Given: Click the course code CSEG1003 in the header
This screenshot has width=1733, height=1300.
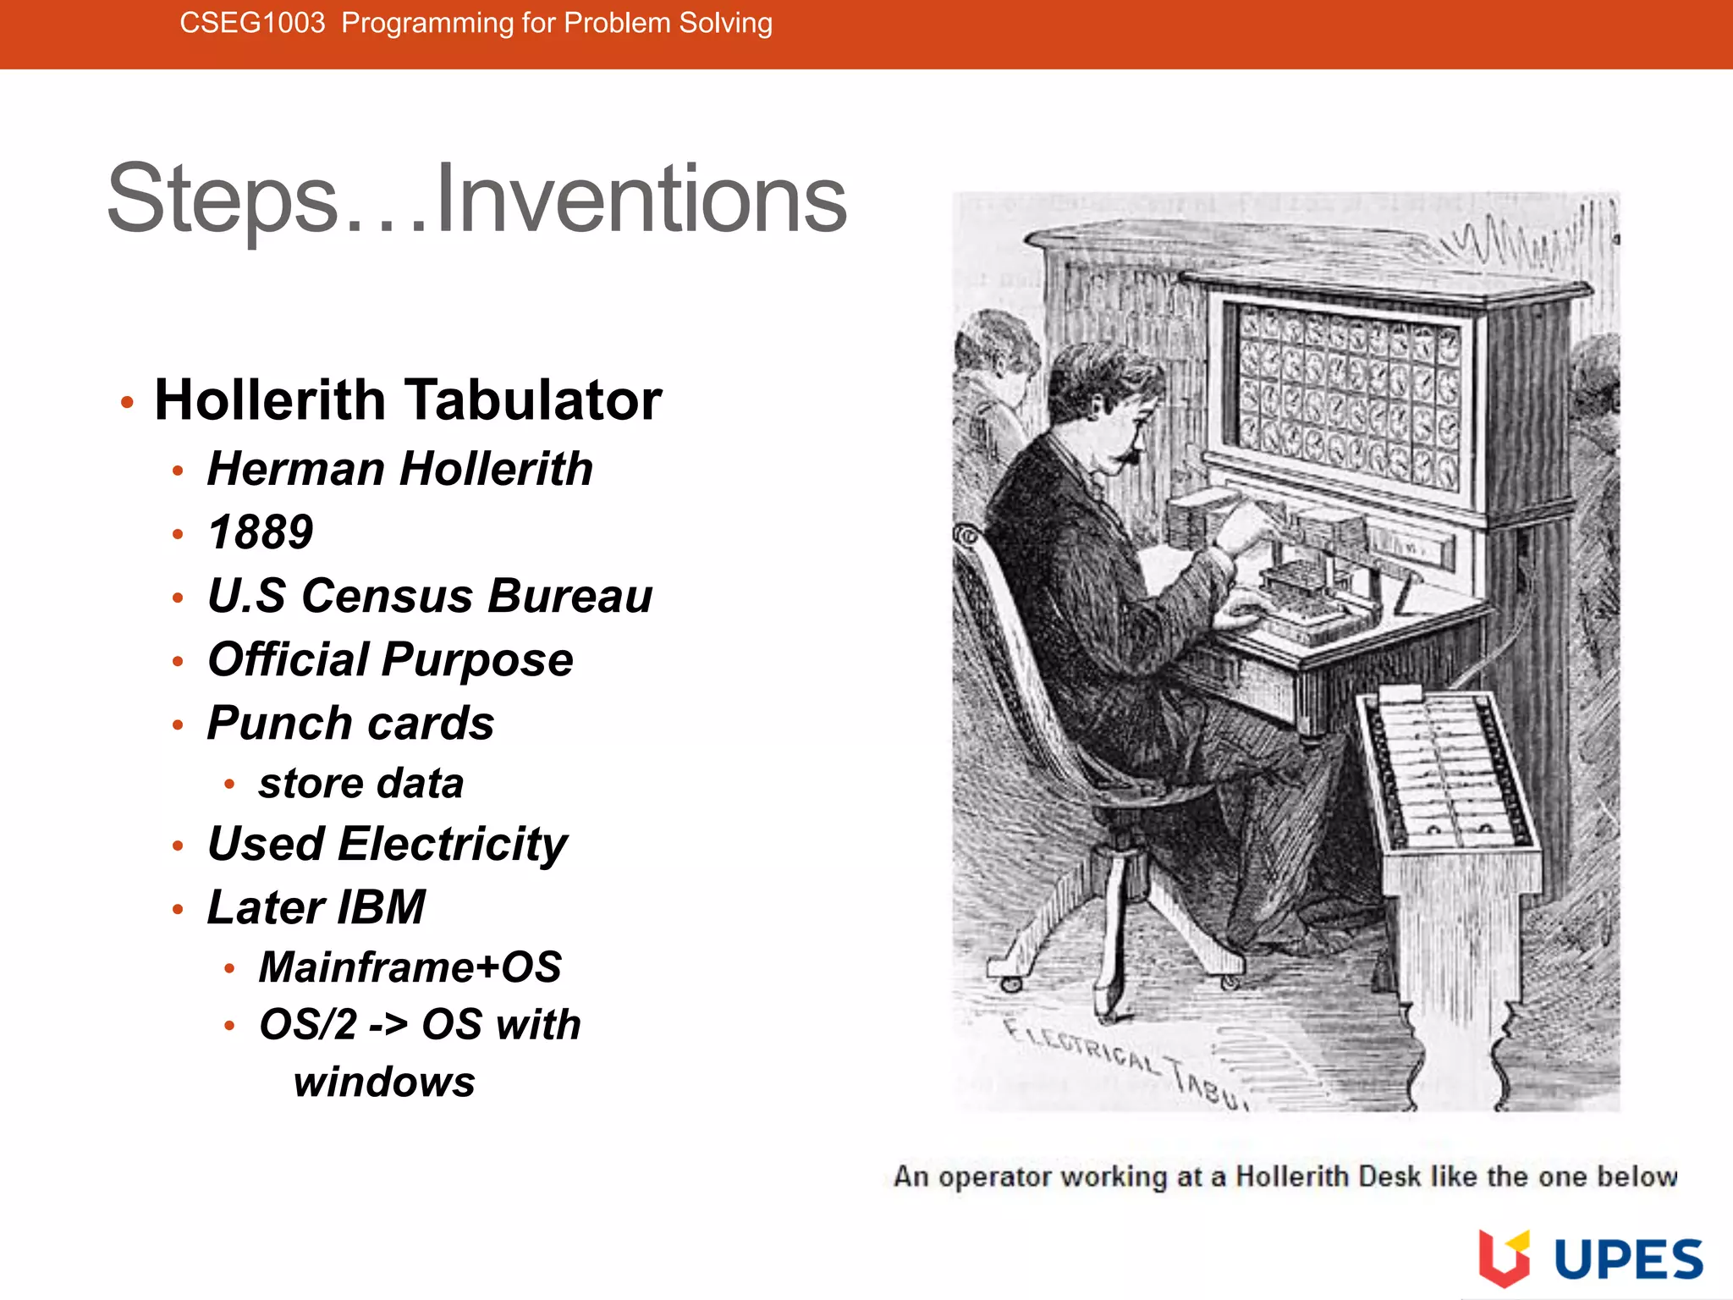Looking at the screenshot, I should [x=252, y=23].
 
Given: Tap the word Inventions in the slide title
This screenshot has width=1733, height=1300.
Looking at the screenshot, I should [x=641, y=200].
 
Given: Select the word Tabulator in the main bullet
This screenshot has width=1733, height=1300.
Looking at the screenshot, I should [x=533, y=399].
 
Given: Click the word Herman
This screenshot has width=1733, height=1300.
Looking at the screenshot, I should [x=296, y=469].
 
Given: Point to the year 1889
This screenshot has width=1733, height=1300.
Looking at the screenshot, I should [x=261, y=532].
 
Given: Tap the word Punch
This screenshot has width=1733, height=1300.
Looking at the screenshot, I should [x=279, y=724].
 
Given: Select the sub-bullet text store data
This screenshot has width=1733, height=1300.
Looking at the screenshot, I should [x=361, y=784].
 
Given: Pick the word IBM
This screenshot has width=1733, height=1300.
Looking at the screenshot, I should [x=381, y=907].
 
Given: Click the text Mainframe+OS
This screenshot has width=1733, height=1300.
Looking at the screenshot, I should [x=410, y=967].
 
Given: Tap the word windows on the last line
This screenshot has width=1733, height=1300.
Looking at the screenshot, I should [x=385, y=1082].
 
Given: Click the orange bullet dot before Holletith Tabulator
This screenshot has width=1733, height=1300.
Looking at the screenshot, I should [x=127, y=402].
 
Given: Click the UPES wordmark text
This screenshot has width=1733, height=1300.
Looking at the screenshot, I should [x=1628, y=1259].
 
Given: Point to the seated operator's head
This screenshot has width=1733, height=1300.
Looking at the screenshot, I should [x=1100, y=398].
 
